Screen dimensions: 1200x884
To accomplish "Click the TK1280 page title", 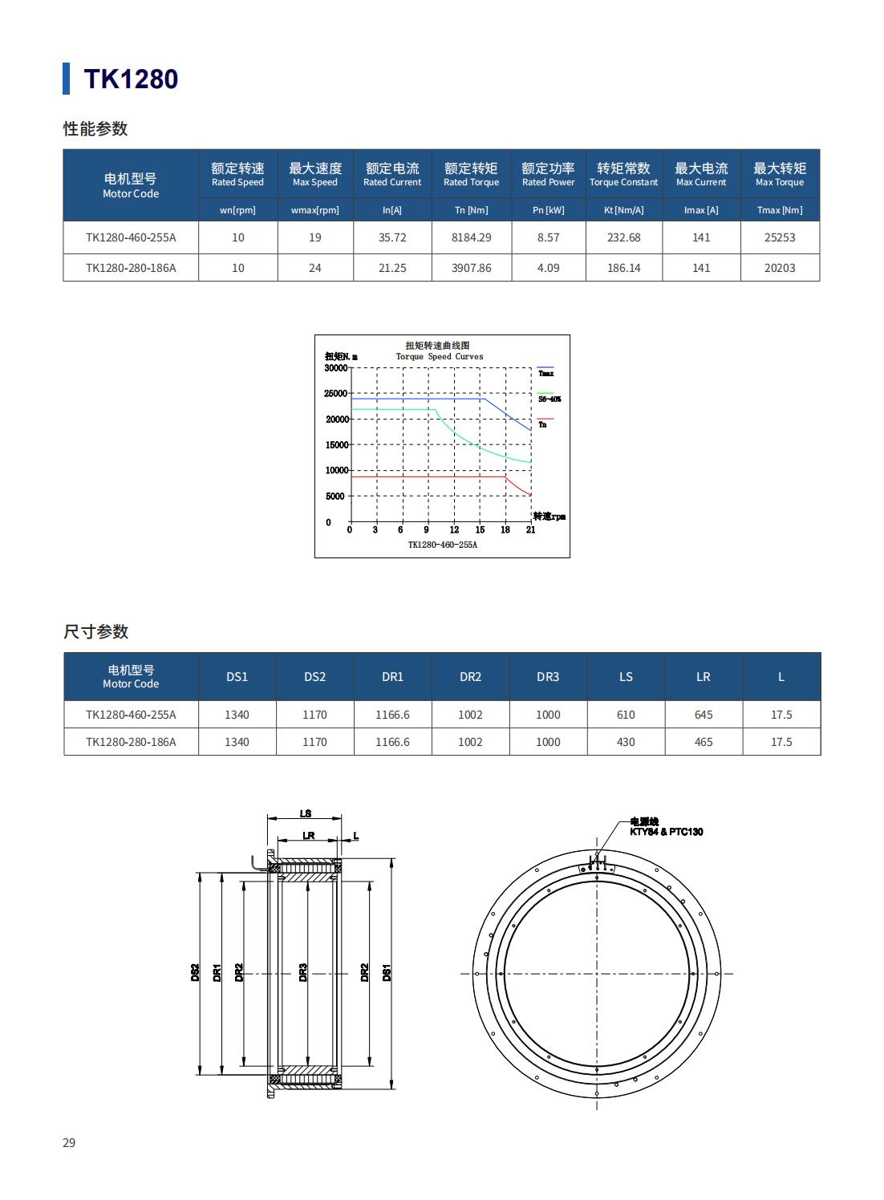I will tap(131, 79).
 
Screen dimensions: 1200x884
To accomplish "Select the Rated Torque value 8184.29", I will tap(471, 237).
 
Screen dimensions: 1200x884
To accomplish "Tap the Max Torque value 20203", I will tap(780, 268).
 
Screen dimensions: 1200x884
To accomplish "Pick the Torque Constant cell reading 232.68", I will tap(623, 237).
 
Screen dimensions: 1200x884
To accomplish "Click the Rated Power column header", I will tap(548, 174).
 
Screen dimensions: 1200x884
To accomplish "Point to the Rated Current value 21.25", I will tap(392, 268).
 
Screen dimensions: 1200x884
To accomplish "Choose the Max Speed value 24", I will tap(314, 268).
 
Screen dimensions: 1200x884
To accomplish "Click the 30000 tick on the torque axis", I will tap(335, 368).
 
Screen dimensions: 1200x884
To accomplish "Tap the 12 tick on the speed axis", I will tap(454, 529).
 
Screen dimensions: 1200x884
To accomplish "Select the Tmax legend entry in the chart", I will tap(545, 373).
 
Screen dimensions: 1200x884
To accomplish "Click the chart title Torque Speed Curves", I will tap(439, 356).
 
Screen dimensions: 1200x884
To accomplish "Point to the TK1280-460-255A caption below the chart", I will tap(442, 545).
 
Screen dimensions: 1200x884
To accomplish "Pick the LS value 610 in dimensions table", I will tap(626, 715).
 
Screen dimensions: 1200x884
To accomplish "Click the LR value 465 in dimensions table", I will tap(703, 742).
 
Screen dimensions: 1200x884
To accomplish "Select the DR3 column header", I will tap(548, 677).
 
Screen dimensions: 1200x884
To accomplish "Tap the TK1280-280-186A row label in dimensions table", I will tap(131, 742).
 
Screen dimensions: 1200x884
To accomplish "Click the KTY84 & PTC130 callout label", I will tap(666, 832).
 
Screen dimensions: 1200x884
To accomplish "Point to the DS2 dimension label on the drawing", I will tap(195, 972).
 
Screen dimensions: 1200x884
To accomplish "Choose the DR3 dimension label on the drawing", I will tap(303, 972).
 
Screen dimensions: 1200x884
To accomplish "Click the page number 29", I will tap(69, 1142).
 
